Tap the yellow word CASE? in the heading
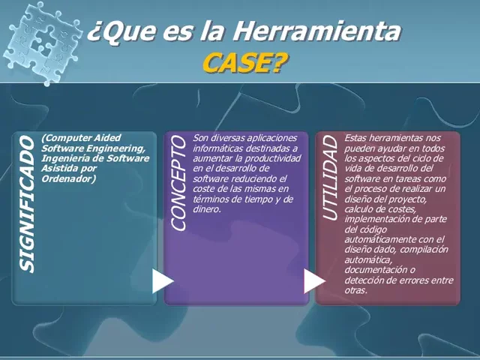[244, 63]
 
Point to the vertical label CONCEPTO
[178, 184]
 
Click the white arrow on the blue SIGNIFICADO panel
[162, 281]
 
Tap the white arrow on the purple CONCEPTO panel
[313, 281]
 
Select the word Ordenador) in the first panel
[68, 178]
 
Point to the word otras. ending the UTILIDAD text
[355, 290]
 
